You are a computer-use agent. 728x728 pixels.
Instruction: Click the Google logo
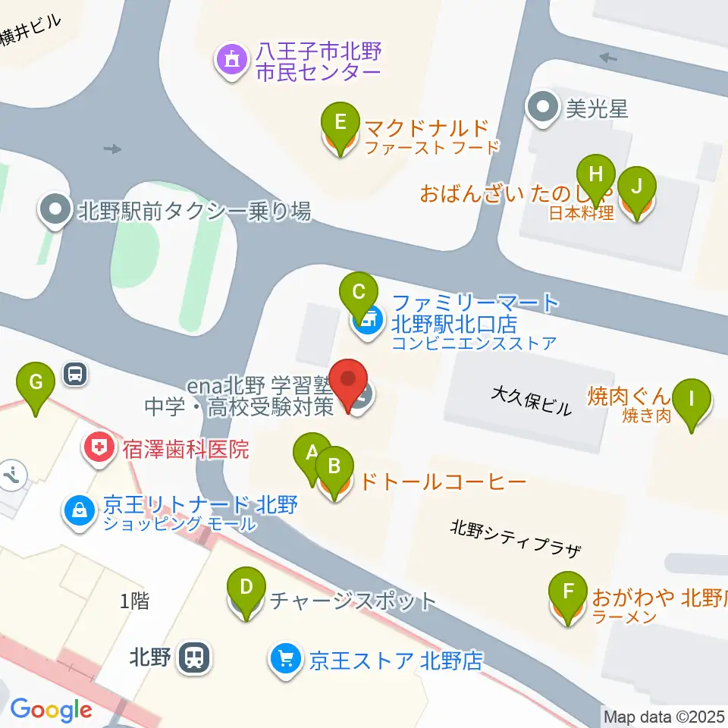click(51, 711)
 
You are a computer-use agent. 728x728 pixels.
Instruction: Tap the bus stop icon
click(75, 372)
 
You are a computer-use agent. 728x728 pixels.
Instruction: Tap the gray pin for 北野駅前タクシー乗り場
click(55, 211)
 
